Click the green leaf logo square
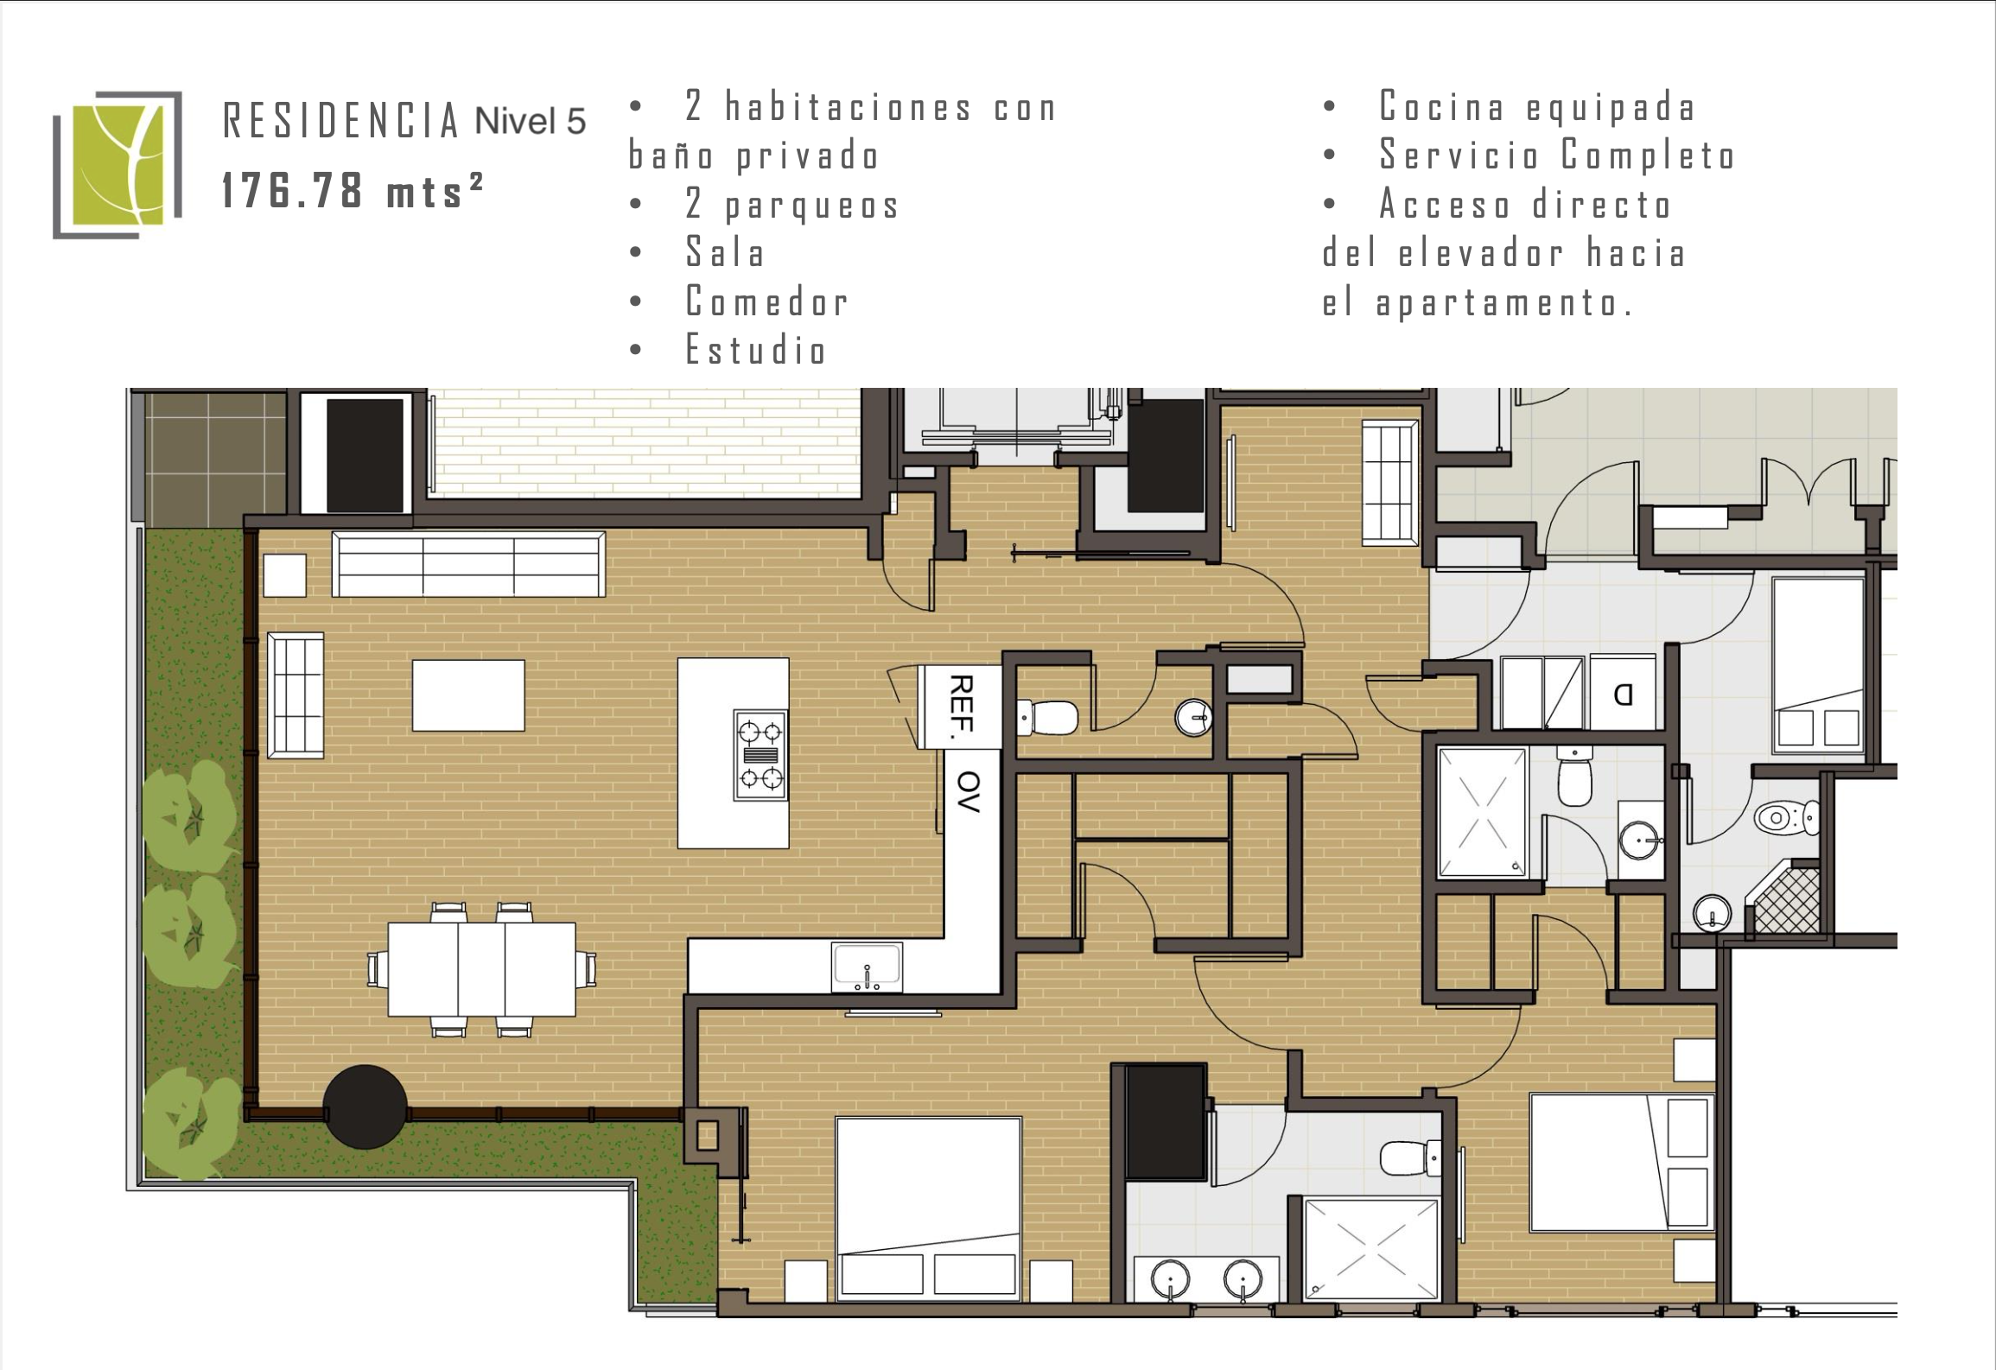(118, 164)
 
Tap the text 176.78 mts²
(353, 189)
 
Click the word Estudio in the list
(756, 350)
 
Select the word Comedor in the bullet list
(766, 301)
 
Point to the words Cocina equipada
(1537, 107)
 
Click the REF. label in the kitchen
(961, 707)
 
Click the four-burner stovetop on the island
(760, 755)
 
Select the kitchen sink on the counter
(867, 967)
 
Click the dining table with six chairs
(481, 969)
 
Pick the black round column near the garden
(365, 1107)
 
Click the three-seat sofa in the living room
(468, 564)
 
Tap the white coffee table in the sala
(468, 695)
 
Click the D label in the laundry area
(1623, 695)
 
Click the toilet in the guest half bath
(1047, 716)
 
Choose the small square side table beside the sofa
(284, 575)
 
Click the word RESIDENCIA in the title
(340, 121)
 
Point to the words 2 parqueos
(792, 205)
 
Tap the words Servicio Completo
(1557, 155)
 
